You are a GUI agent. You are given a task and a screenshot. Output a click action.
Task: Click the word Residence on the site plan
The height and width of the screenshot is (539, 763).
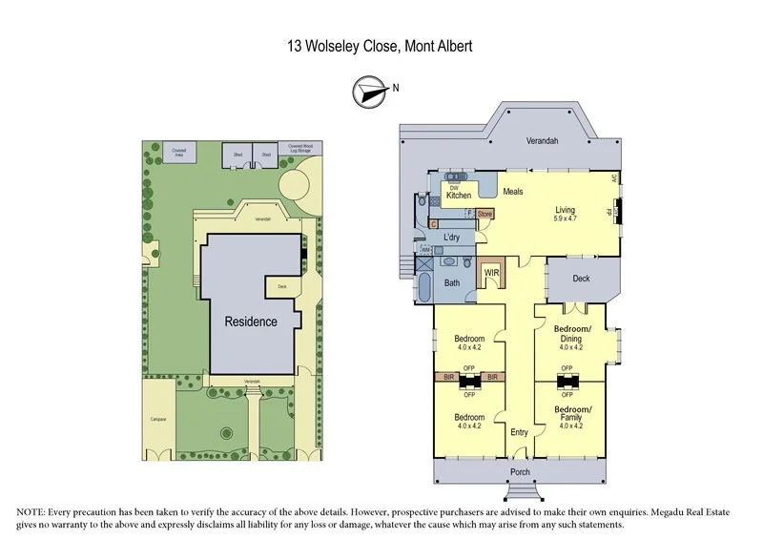tap(251, 321)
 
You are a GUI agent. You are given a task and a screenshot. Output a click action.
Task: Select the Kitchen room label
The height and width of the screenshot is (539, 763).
tap(459, 196)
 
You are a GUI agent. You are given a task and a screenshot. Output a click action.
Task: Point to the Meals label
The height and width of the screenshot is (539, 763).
tap(513, 192)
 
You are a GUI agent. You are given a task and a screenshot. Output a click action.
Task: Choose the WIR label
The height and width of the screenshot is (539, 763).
tap(492, 273)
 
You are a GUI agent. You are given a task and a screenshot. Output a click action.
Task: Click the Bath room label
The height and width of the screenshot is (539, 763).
tap(452, 282)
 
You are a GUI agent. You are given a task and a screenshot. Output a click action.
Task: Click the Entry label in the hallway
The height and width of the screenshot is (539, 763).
tap(519, 432)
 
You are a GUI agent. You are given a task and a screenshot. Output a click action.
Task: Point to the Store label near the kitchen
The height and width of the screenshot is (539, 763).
tap(485, 214)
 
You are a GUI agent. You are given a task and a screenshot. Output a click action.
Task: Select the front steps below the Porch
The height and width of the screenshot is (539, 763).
tap(520, 492)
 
